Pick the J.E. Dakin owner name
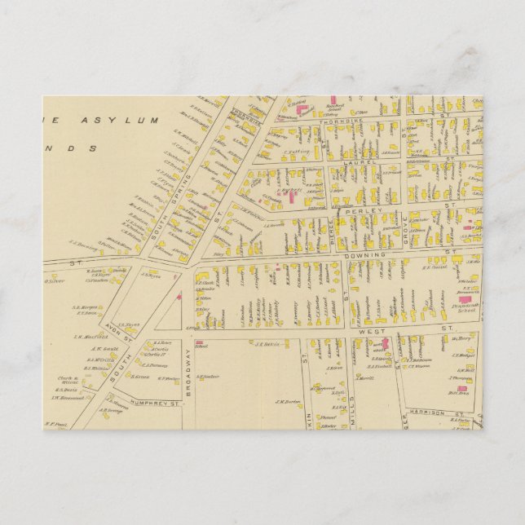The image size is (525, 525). point(268,344)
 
